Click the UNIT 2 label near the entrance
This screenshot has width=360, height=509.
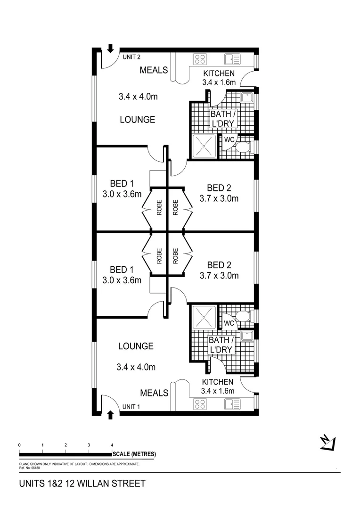point(132,57)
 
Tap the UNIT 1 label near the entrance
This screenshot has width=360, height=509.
point(131,406)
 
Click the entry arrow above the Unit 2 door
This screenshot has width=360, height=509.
point(111,48)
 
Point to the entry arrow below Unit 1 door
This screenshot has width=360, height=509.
point(111,415)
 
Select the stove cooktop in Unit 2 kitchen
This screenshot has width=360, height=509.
point(200,59)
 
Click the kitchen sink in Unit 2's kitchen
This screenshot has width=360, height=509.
point(232,59)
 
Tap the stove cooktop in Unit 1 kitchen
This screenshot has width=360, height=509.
point(200,404)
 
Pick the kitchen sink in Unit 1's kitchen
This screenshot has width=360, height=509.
point(232,404)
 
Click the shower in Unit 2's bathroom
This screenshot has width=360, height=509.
point(204,146)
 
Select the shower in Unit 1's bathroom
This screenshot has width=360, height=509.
point(204,317)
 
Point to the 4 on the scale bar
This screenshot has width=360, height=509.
point(112,445)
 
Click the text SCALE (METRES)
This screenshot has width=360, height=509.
point(134,454)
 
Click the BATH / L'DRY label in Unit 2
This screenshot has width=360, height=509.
point(222,119)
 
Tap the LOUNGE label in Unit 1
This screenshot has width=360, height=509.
point(136,346)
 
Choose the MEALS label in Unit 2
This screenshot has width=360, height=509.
point(154,70)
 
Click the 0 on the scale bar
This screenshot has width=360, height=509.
point(19,445)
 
